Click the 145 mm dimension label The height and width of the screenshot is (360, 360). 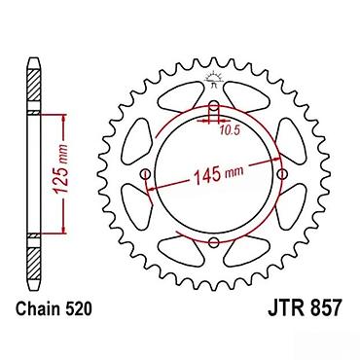pos(218,175)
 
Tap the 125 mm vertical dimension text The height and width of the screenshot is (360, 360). pos(60,169)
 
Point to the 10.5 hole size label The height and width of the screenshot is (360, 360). pos(230,130)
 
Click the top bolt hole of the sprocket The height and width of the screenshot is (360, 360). pos(214,105)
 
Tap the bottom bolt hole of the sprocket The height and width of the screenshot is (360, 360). pos(213,242)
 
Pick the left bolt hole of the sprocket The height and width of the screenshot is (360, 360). pos(145,174)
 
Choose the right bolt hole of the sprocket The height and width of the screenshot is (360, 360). pos(282,174)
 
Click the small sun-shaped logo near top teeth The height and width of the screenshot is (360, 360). pos(213,78)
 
